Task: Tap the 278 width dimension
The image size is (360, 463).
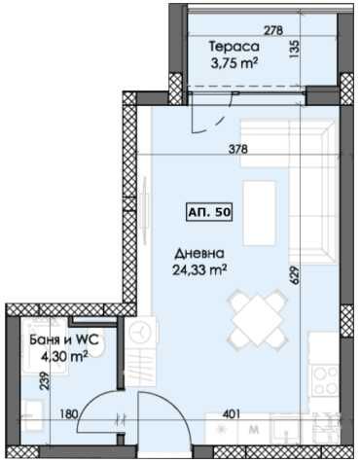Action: (274, 30)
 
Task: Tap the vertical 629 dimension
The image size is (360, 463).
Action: (291, 276)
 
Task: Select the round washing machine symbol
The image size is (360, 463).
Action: (142, 331)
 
